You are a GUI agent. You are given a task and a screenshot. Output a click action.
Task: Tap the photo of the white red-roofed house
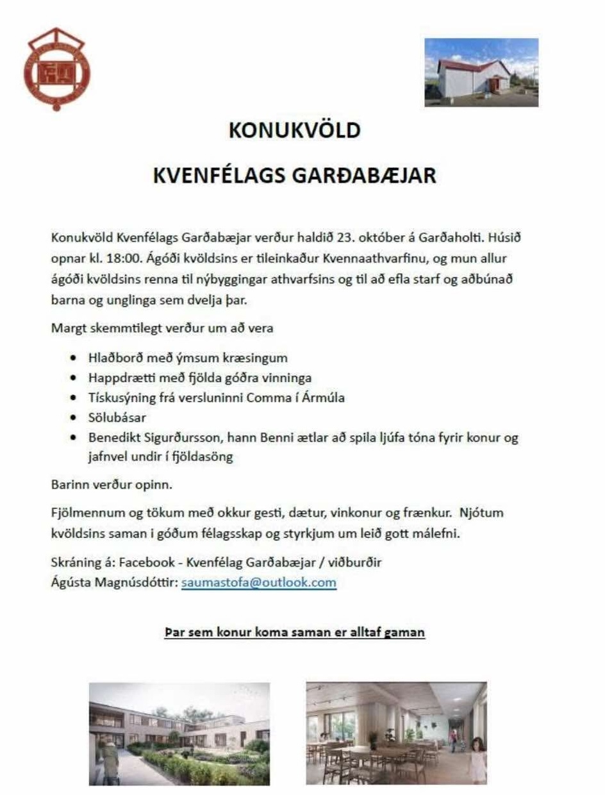tap(481, 72)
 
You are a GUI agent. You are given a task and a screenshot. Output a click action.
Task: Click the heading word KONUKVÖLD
tap(295, 131)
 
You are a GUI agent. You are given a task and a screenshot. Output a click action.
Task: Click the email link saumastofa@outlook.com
tap(258, 583)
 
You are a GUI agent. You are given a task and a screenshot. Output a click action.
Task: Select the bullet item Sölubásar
tap(117, 418)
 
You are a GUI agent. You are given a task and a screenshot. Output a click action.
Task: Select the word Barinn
tap(67, 485)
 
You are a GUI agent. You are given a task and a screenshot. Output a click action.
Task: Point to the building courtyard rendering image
tap(179, 733)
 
